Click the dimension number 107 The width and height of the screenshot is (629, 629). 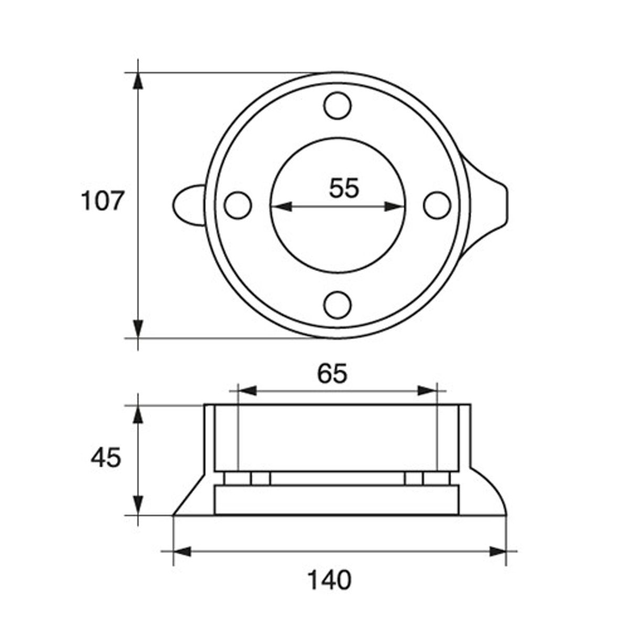[x=103, y=201]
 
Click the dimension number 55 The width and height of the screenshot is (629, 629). [x=344, y=188]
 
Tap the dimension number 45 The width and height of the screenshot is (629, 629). [x=106, y=458]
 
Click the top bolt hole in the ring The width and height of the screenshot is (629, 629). [x=338, y=106]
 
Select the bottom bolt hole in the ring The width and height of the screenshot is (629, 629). [x=338, y=305]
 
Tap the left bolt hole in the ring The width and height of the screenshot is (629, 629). [x=238, y=205]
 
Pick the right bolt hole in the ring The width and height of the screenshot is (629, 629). [x=437, y=205]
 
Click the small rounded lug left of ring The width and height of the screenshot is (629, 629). [x=187, y=205]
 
